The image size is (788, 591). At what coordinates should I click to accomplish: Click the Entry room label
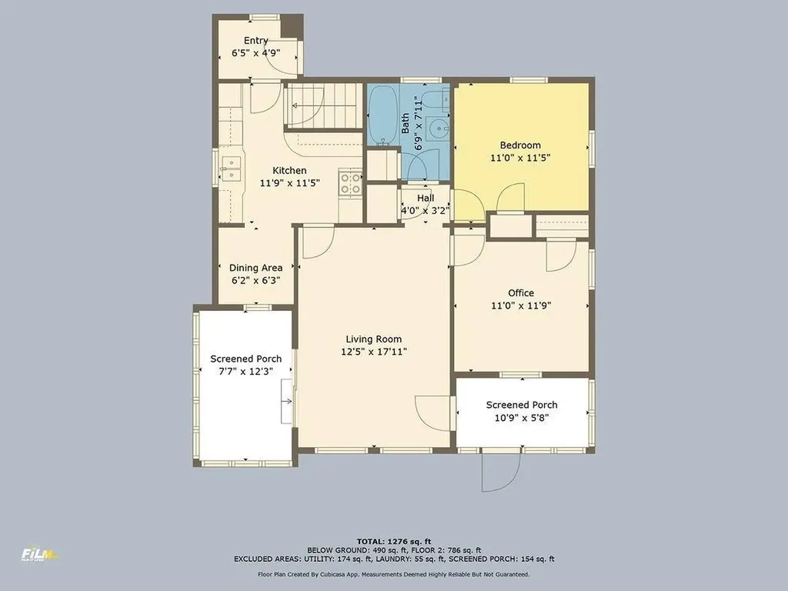[255, 40]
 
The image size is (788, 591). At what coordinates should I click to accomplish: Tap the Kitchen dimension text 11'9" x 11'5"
[290, 183]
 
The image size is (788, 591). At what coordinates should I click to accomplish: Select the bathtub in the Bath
[383, 115]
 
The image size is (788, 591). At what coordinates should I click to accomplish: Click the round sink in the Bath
[439, 129]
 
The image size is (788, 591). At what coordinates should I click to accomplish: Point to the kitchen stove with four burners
[351, 183]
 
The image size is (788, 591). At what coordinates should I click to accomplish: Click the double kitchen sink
[231, 169]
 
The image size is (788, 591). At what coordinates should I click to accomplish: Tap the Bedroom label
[520, 145]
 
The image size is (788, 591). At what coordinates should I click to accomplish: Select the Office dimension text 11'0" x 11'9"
[521, 306]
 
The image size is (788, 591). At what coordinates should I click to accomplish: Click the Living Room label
[373, 339]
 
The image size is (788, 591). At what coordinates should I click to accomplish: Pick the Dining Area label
[255, 268]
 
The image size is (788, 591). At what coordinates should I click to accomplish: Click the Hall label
[426, 198]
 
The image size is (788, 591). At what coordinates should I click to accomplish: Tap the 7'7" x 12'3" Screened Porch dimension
[245, 372]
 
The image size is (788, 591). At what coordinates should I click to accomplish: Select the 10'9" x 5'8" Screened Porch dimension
[522, 418]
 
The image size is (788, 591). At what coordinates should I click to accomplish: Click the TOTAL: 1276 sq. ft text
[394, 541]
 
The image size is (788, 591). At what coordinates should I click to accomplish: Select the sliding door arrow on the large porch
[287, 401]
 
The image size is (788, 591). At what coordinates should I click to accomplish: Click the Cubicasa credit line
[393, 574]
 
